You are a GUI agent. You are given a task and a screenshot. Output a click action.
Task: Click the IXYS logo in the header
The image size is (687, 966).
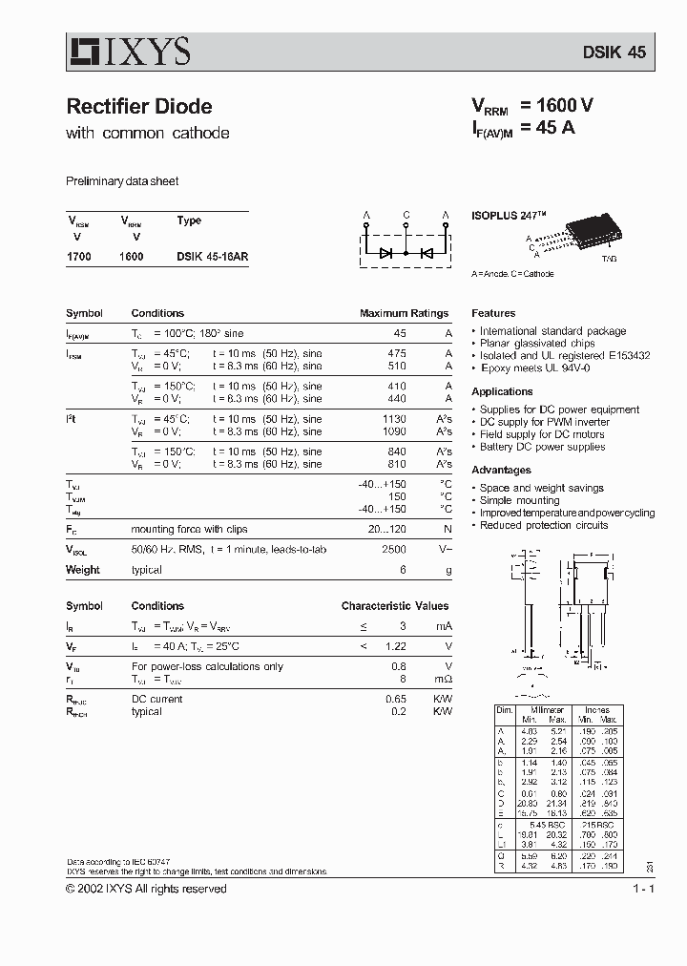coord(129,51)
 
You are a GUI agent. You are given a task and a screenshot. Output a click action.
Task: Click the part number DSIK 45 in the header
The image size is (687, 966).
coord(614,52)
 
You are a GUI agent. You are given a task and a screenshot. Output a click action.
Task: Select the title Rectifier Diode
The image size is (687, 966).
coord(139,107)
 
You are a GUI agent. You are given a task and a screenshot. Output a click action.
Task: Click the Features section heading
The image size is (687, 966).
coord(493,313)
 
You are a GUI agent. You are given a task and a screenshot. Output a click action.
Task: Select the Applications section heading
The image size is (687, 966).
coord(502,391)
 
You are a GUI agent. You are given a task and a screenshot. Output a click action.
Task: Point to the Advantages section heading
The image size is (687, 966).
coord(501,470)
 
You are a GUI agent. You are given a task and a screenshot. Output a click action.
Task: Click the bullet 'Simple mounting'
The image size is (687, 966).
coord(519,500)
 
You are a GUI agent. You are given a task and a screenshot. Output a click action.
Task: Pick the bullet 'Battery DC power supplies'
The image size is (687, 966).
coord(542,447)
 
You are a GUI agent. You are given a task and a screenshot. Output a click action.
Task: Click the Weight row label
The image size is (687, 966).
coord(83,570)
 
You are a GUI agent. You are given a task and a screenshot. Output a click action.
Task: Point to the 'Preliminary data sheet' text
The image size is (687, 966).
coord(122,181)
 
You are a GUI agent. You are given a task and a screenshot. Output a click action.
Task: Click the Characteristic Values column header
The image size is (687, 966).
coord(395,606)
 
